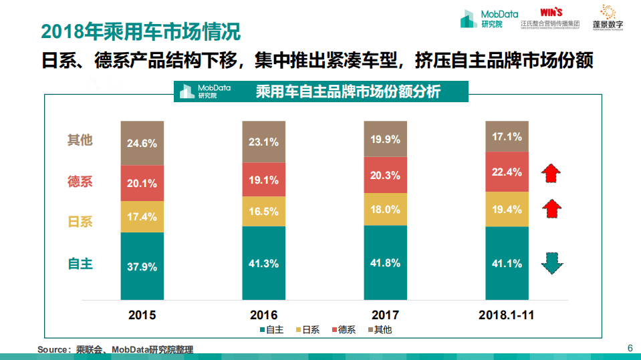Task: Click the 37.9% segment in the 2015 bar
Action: (142, 266)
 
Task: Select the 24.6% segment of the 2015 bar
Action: (142, 143)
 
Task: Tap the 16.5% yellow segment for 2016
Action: (263, 212)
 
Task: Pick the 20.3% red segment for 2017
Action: (385, 176)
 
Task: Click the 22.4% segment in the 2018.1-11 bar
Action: (507, 172)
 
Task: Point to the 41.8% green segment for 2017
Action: (385, 262)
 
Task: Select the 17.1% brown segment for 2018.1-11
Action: (507, 137)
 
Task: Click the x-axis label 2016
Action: (263, 315)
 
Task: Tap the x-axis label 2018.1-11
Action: (507, 315)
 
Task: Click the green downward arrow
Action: (551, 263)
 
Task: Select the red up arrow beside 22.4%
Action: (551, 172)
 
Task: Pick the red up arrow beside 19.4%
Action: (551, 209)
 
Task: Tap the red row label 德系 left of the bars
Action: (80, 181)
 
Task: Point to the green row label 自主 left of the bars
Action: (80, 263)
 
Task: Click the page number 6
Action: (629, 348)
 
